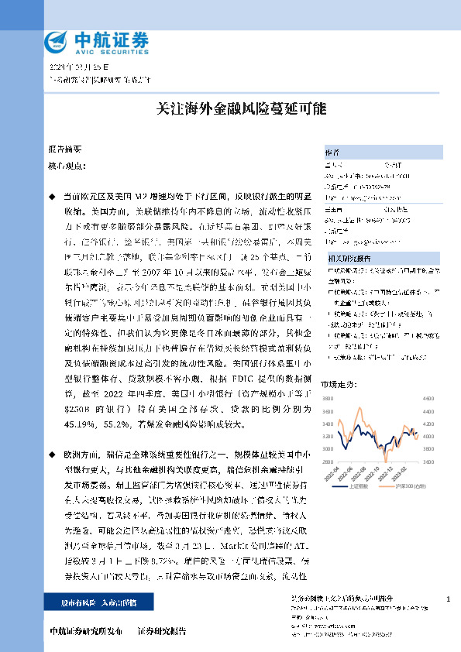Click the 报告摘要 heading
[64, 147]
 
